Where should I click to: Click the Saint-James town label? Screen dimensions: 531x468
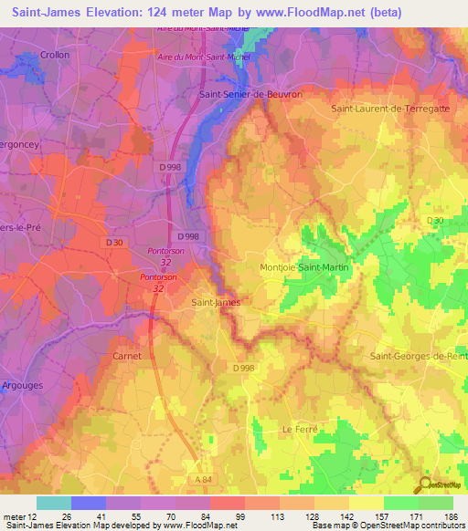tap(216, 302)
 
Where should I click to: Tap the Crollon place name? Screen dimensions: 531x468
tap(55, 56)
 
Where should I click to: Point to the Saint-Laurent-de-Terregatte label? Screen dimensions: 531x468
tap(391, 109)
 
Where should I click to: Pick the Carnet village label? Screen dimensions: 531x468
tap(126, 356)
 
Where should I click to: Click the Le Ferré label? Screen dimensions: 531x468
tap(299, 428)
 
